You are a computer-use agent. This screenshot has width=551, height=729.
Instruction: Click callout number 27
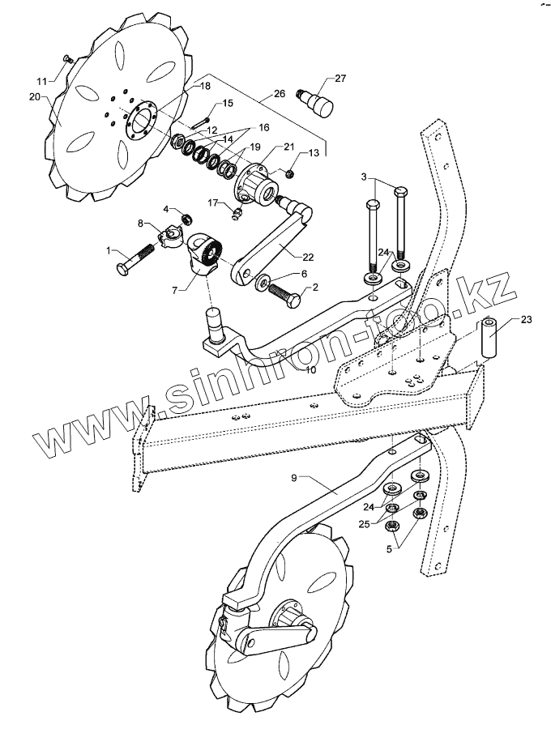click(x=340, y=79)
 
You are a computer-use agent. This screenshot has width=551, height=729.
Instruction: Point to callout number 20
click(x=33, y=96)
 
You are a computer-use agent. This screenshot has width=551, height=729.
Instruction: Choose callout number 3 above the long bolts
click(x=365, y=177)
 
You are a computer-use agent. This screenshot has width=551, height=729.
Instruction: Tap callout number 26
click(x=279, y=94)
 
